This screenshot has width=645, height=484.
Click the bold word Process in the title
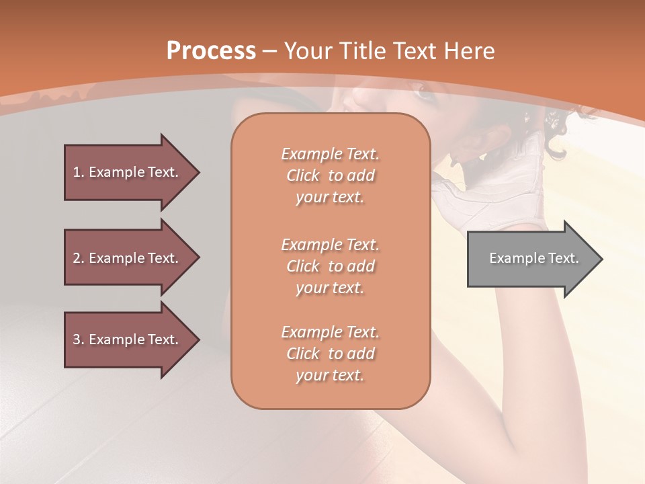point(211,51)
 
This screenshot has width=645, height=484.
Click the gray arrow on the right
point(531,259)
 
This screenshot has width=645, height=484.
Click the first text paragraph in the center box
point(330,175)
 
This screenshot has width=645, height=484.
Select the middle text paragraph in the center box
point(330,266)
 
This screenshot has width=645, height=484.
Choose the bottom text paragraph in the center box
point(330,354)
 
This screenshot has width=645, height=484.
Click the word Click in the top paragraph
point(303,175)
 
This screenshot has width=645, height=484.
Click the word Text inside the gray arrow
point(564,258)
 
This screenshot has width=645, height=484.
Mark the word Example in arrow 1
point(116,172)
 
